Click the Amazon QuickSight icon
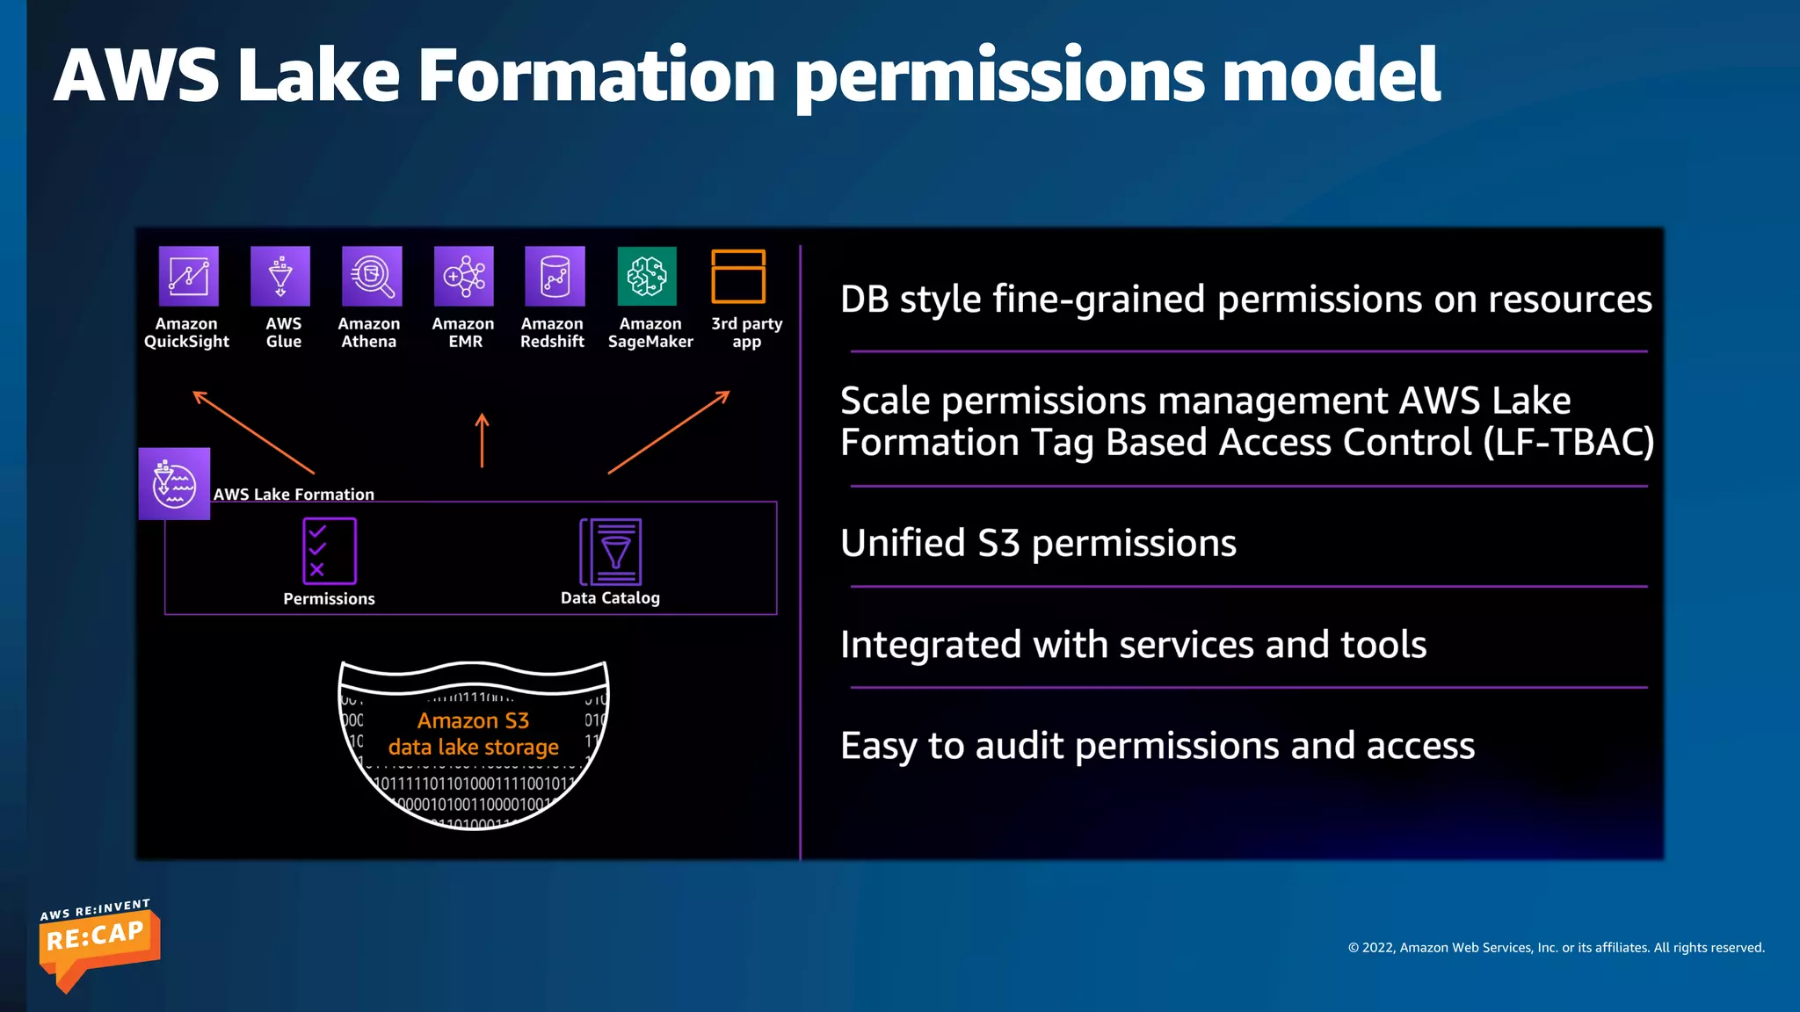pyautogui.click(x=188, y=277)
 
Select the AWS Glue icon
pyautogui.click(x=280, y=277)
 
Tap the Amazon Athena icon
pyautogui.click(x=372, y=277)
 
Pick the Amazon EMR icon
pyautogui.click(x=464, y=277)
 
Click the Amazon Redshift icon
pyautogui.click(x=555, y=277)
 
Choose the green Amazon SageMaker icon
pyautogui.click(x=647, y=277)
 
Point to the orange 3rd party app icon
pyautogui.click(x=738, y=277)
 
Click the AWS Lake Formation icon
pyautogui.click(x=174, y=484)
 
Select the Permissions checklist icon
pyautogui.click(x=330, y=551)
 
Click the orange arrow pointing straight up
pyautogui.click(x=482, y=440)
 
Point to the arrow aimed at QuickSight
pyautogui.click(x=253, y=432)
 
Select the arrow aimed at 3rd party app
pyautogui.click(x=669, y=432)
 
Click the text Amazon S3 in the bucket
pyautogui.click(x=473, y=721)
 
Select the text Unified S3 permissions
pyautogui.click(x=1038, y=544)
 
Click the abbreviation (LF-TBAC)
pyautogui.click(x=1569, y=442)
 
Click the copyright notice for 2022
pyautogui.click(x=1556, y=948)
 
